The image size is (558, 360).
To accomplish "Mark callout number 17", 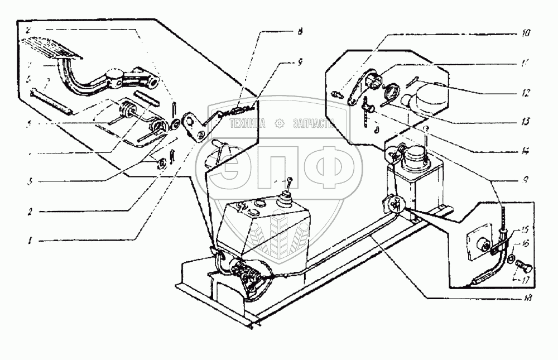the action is click(x=526, y=279).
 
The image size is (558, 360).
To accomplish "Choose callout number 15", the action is click(x=526, y=229).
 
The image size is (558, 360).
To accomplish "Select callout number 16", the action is click(x=526, y=244).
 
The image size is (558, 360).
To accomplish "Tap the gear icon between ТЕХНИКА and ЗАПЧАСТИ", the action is click(x=278, y=124).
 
